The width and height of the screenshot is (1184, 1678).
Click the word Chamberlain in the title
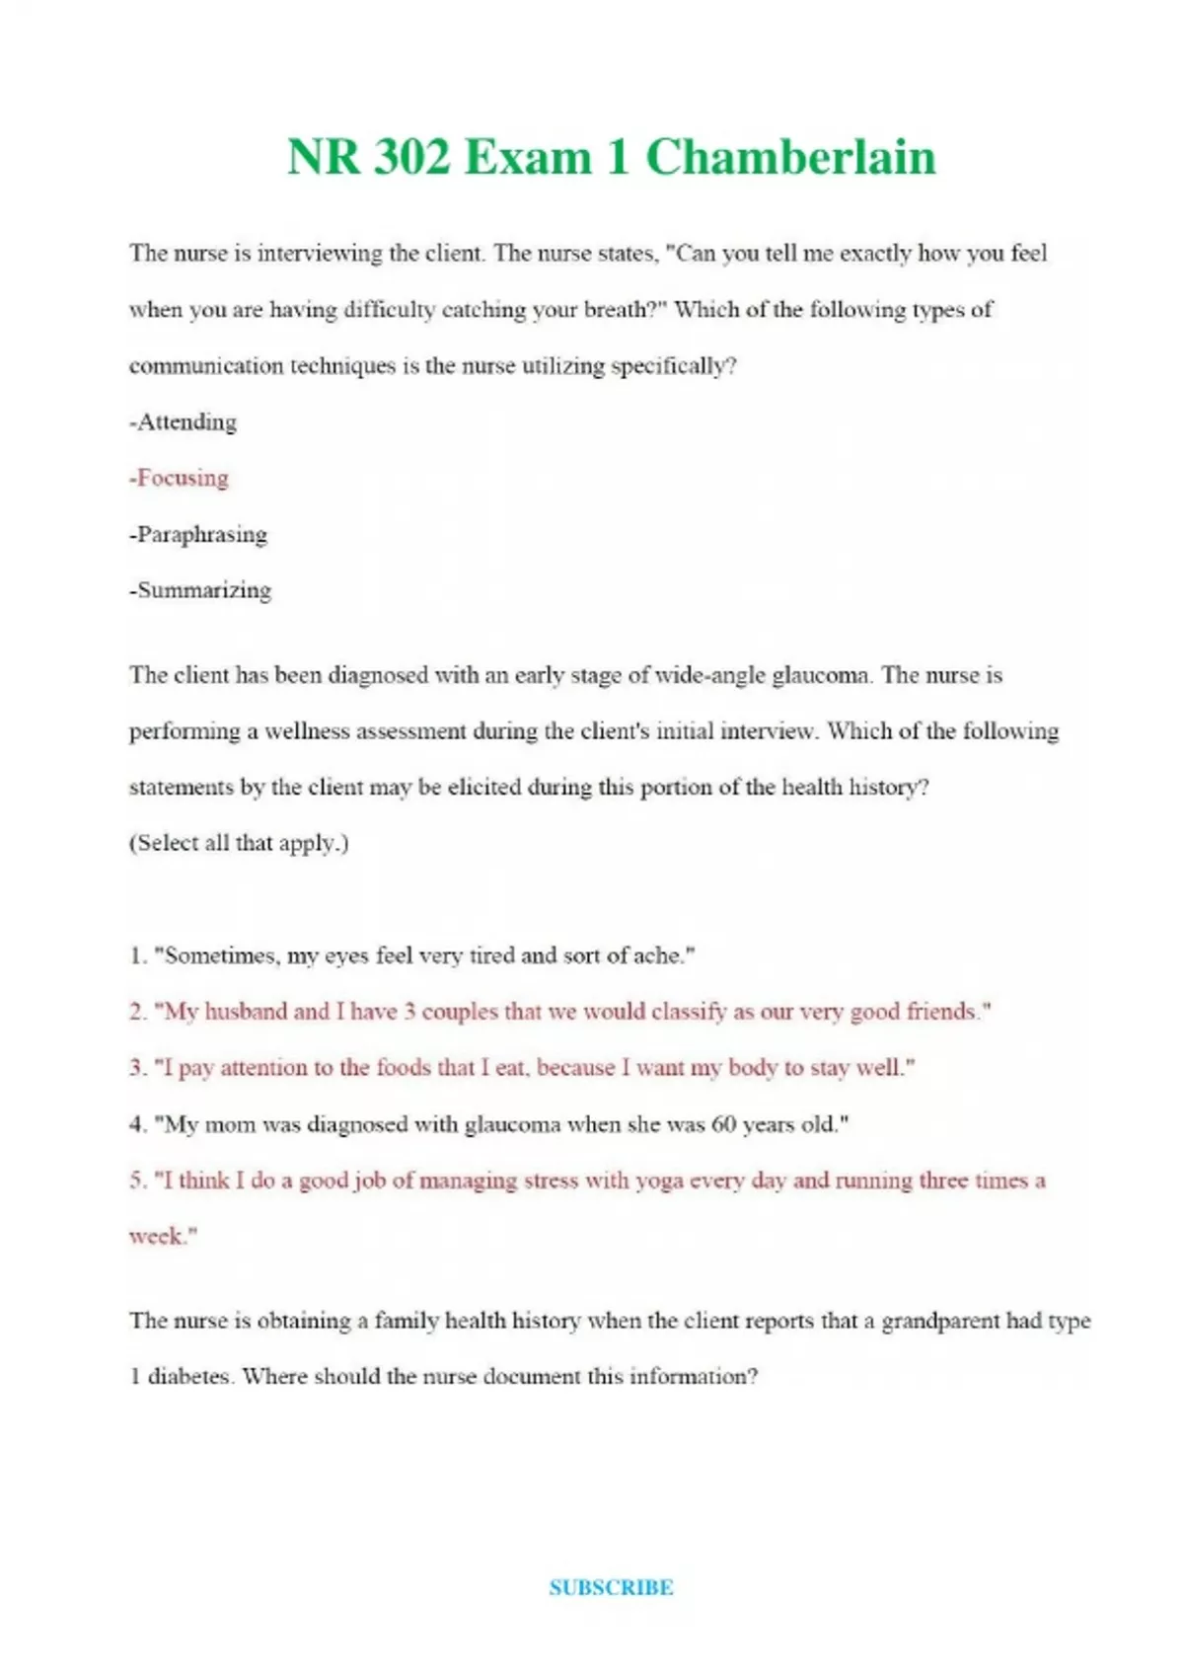pos(790,158)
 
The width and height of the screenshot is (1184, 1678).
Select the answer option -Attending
pos(184,422)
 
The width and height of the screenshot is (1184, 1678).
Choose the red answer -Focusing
pos(180,479)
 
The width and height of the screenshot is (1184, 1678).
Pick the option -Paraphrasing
pos(198,535)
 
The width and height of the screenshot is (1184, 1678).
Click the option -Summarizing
pos(200,591)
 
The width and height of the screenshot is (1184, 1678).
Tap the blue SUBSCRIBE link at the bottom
pos(611,1588)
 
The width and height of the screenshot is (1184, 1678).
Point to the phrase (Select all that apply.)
pos(239,844)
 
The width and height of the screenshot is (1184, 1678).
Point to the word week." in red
pos(163,1237)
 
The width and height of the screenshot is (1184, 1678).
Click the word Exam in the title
pos(528,158)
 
